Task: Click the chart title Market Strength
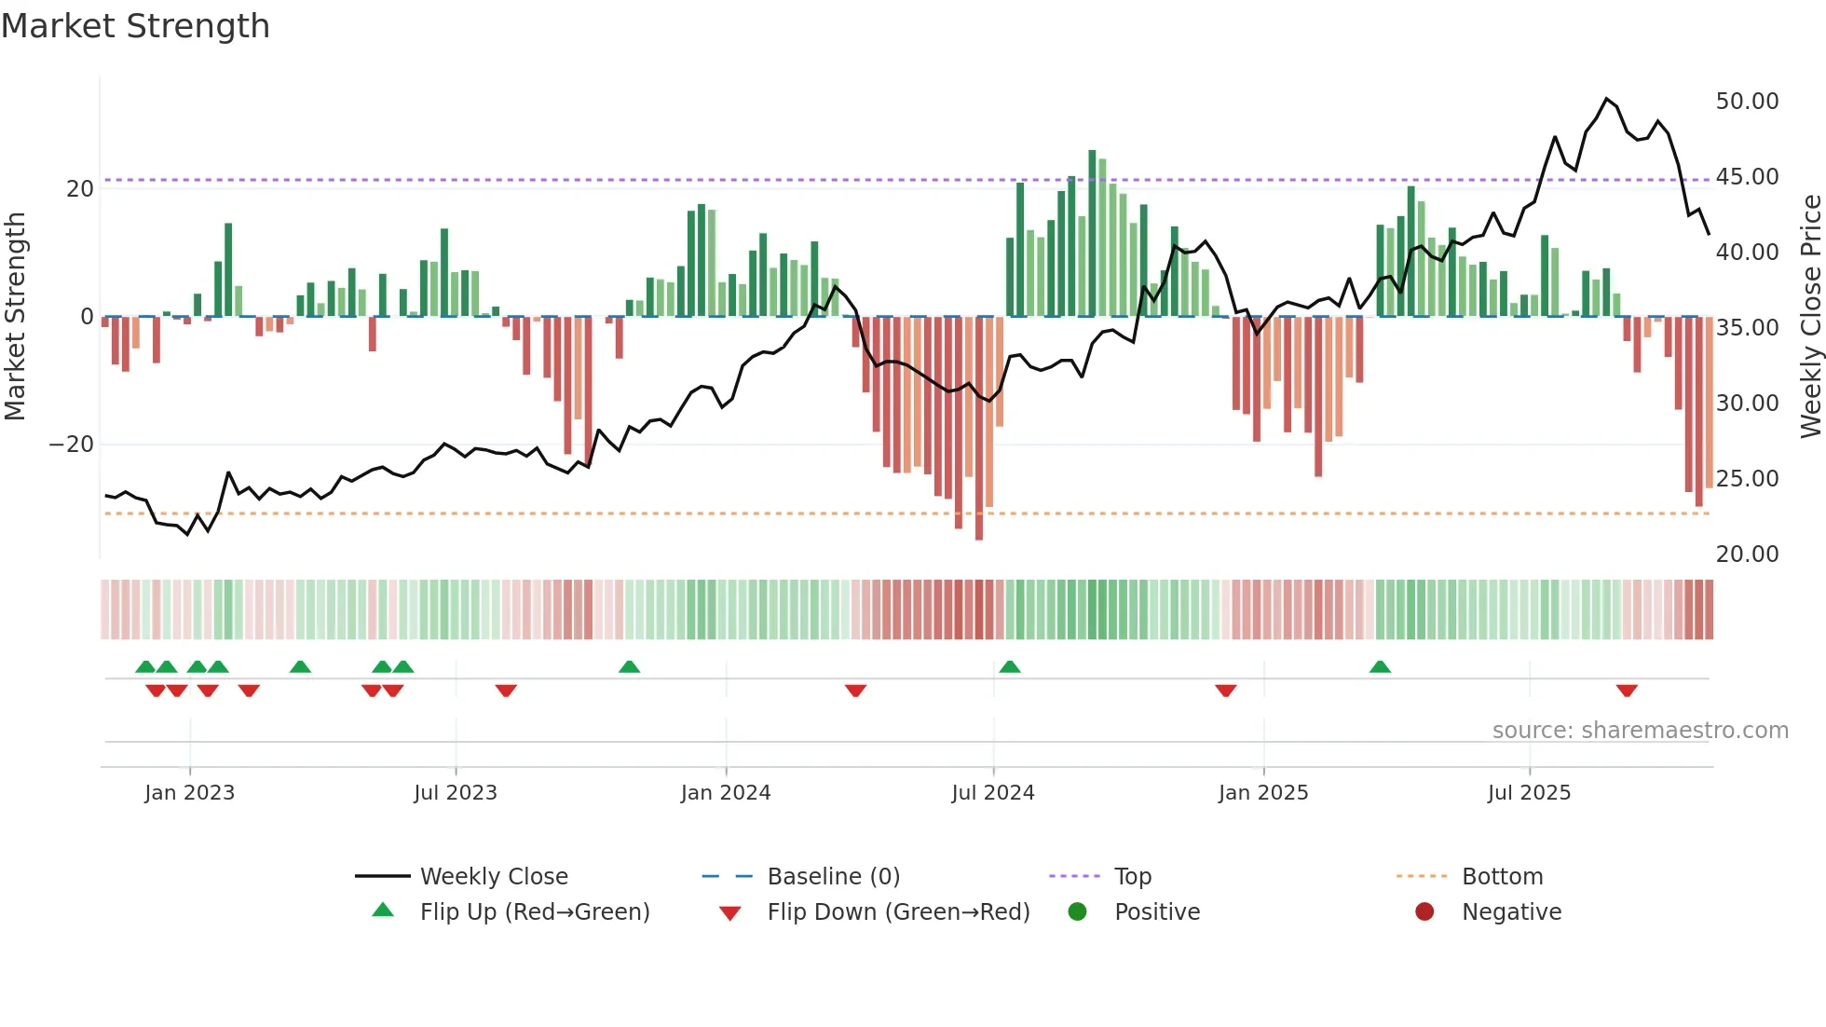[x=135, y=26]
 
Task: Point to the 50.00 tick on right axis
[x=1747, y=101]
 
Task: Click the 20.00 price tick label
[x=1747, y=554]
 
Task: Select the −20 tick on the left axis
[x=72, y=445]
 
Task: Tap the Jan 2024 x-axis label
[x=726, y=793]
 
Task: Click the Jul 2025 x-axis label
[x=1529, y=793]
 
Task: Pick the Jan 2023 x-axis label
[x=190, y=793]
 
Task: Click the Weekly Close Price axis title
[x=1810, y=317]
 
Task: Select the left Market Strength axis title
[x=15, y=317]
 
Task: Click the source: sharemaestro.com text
[x=1640, y=731]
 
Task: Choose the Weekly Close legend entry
[x=494, y=877]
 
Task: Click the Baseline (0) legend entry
[x=833, y=877]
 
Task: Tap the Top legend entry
[x=1133, y=877]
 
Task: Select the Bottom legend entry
[x=1502, y=877]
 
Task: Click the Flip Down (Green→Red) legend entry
[x=898, y=912]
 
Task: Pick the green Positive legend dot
[x=1078, y=912]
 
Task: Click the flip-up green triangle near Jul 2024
[x=1010, y=667]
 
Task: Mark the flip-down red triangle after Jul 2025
[x=1627, y=691]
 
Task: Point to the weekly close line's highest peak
[x=1606, y=99]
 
